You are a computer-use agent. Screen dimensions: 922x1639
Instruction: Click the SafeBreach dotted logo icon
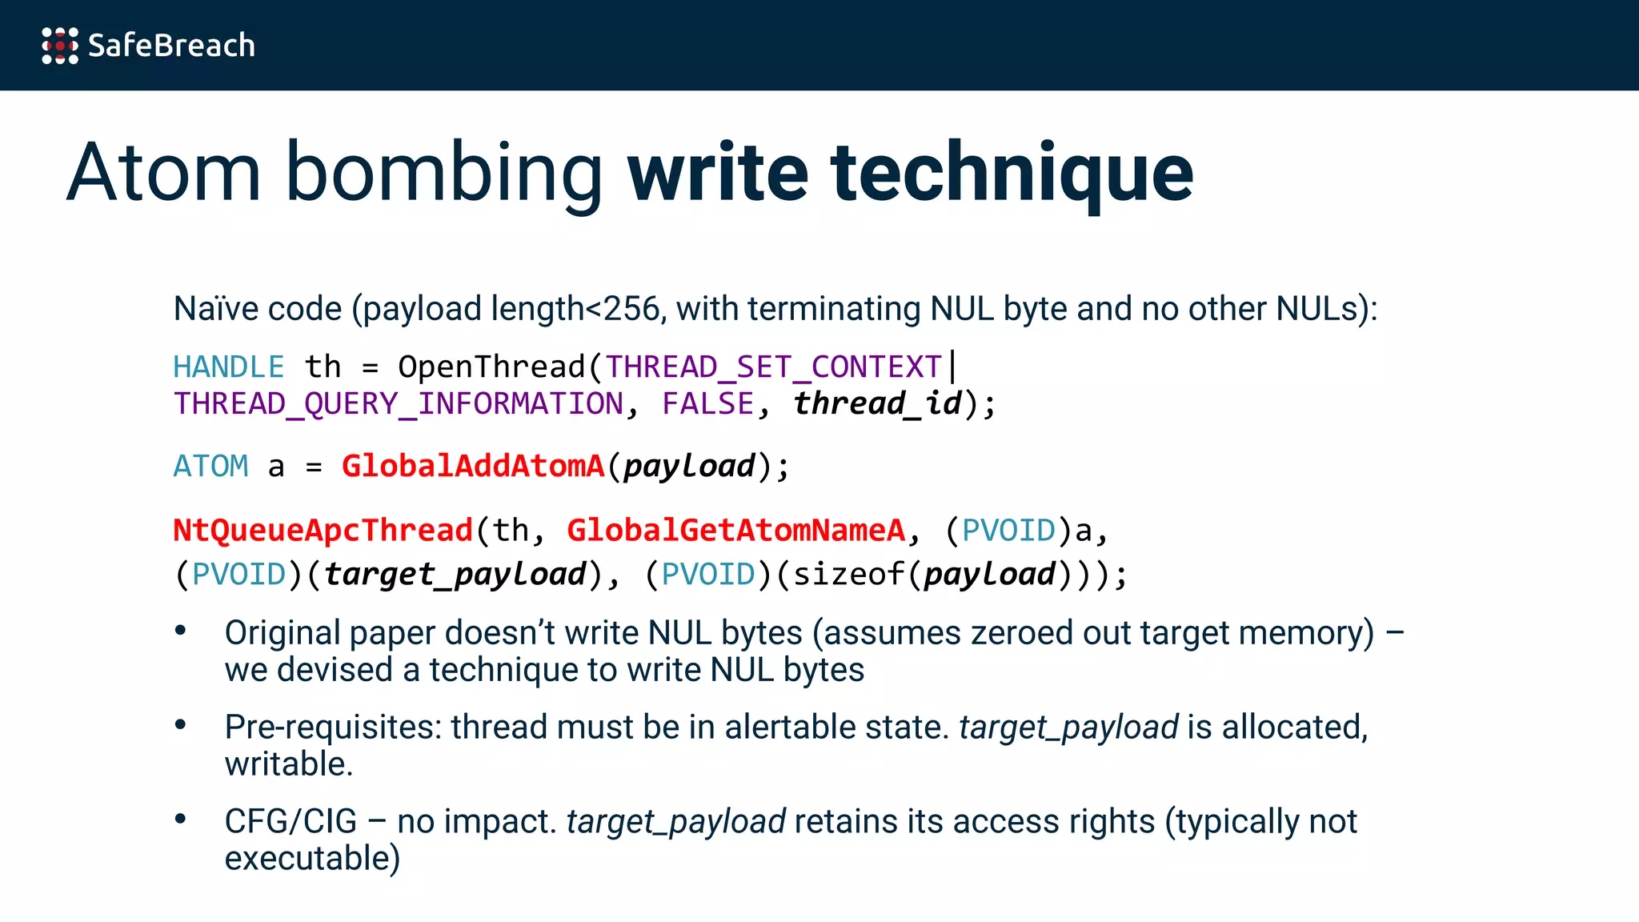(x=60, y=46)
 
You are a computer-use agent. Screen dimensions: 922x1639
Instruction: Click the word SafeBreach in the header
(x=171, y=46)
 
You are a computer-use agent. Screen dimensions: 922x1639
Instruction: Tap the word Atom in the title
(x=164, y=172)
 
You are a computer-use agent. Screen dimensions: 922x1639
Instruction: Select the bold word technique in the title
(x=1012, y=172)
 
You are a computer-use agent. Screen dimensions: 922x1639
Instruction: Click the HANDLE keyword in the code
(x=229, y=367)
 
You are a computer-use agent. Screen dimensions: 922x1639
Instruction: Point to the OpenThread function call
(x=491, y=367)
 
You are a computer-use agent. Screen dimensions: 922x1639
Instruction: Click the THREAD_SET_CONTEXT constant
(x=773, y=367)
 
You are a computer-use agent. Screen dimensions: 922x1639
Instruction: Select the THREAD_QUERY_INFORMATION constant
(x=399, y=404)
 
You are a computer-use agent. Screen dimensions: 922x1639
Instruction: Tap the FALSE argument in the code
(x=707, y=404)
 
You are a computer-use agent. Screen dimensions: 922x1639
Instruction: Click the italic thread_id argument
(x=877, y=403)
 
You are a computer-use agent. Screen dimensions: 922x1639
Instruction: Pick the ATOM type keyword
(x=211, y=467)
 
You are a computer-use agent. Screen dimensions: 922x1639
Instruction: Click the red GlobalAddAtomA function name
(x=473, y=467)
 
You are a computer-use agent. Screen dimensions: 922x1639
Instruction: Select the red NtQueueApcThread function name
(x=323, y=531)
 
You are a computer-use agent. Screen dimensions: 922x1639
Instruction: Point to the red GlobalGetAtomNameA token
(x=735, y=531)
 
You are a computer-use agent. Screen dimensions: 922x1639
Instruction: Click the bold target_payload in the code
(x=455, y=575)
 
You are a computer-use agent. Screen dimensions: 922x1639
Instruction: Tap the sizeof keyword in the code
(x=849, y=575)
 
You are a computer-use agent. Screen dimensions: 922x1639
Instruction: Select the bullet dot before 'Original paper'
(x=181, y=631)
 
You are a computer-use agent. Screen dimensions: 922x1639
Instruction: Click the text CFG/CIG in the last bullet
(x=291, y=822)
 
